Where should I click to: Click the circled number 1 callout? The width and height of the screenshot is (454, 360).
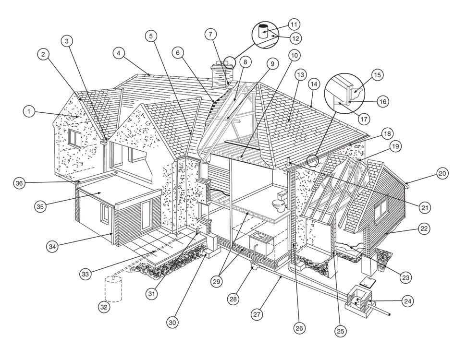pyautogui.click(x=29, y=111)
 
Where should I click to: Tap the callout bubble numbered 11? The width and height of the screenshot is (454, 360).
pyautogui.click(x=294, y=24)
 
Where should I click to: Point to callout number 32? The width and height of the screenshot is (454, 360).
pyautogui.click(x=104, y=307)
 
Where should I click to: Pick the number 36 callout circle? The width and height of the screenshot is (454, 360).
pyautogui.click(x=19, y=183)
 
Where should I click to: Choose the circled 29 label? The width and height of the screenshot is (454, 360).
pyautogui.click(x=217, y=281)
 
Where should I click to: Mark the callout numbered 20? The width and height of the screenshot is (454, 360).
pyautogui.click(x=442, y=173)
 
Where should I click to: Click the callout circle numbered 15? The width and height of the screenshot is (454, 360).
pyautogui.click(x=377, y=75)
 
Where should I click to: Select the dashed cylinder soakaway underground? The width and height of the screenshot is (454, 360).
pyautogui.click(x=113, y=289)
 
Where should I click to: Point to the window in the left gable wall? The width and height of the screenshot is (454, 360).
pyautogui.click(x=74, y=139)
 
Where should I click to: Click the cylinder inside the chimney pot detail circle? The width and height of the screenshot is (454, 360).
pyautogui.click(x=263, y=31)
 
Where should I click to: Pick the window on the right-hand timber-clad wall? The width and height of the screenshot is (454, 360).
pyautogui.click(x=381, y=209)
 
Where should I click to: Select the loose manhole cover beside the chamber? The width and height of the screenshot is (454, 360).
pyautogui.click(x=367, y=282)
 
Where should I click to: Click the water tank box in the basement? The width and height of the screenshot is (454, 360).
pyautogui.click(x=261, y=242)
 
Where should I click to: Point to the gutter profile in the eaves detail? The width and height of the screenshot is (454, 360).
pyautogui.click(x=356, y=94)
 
